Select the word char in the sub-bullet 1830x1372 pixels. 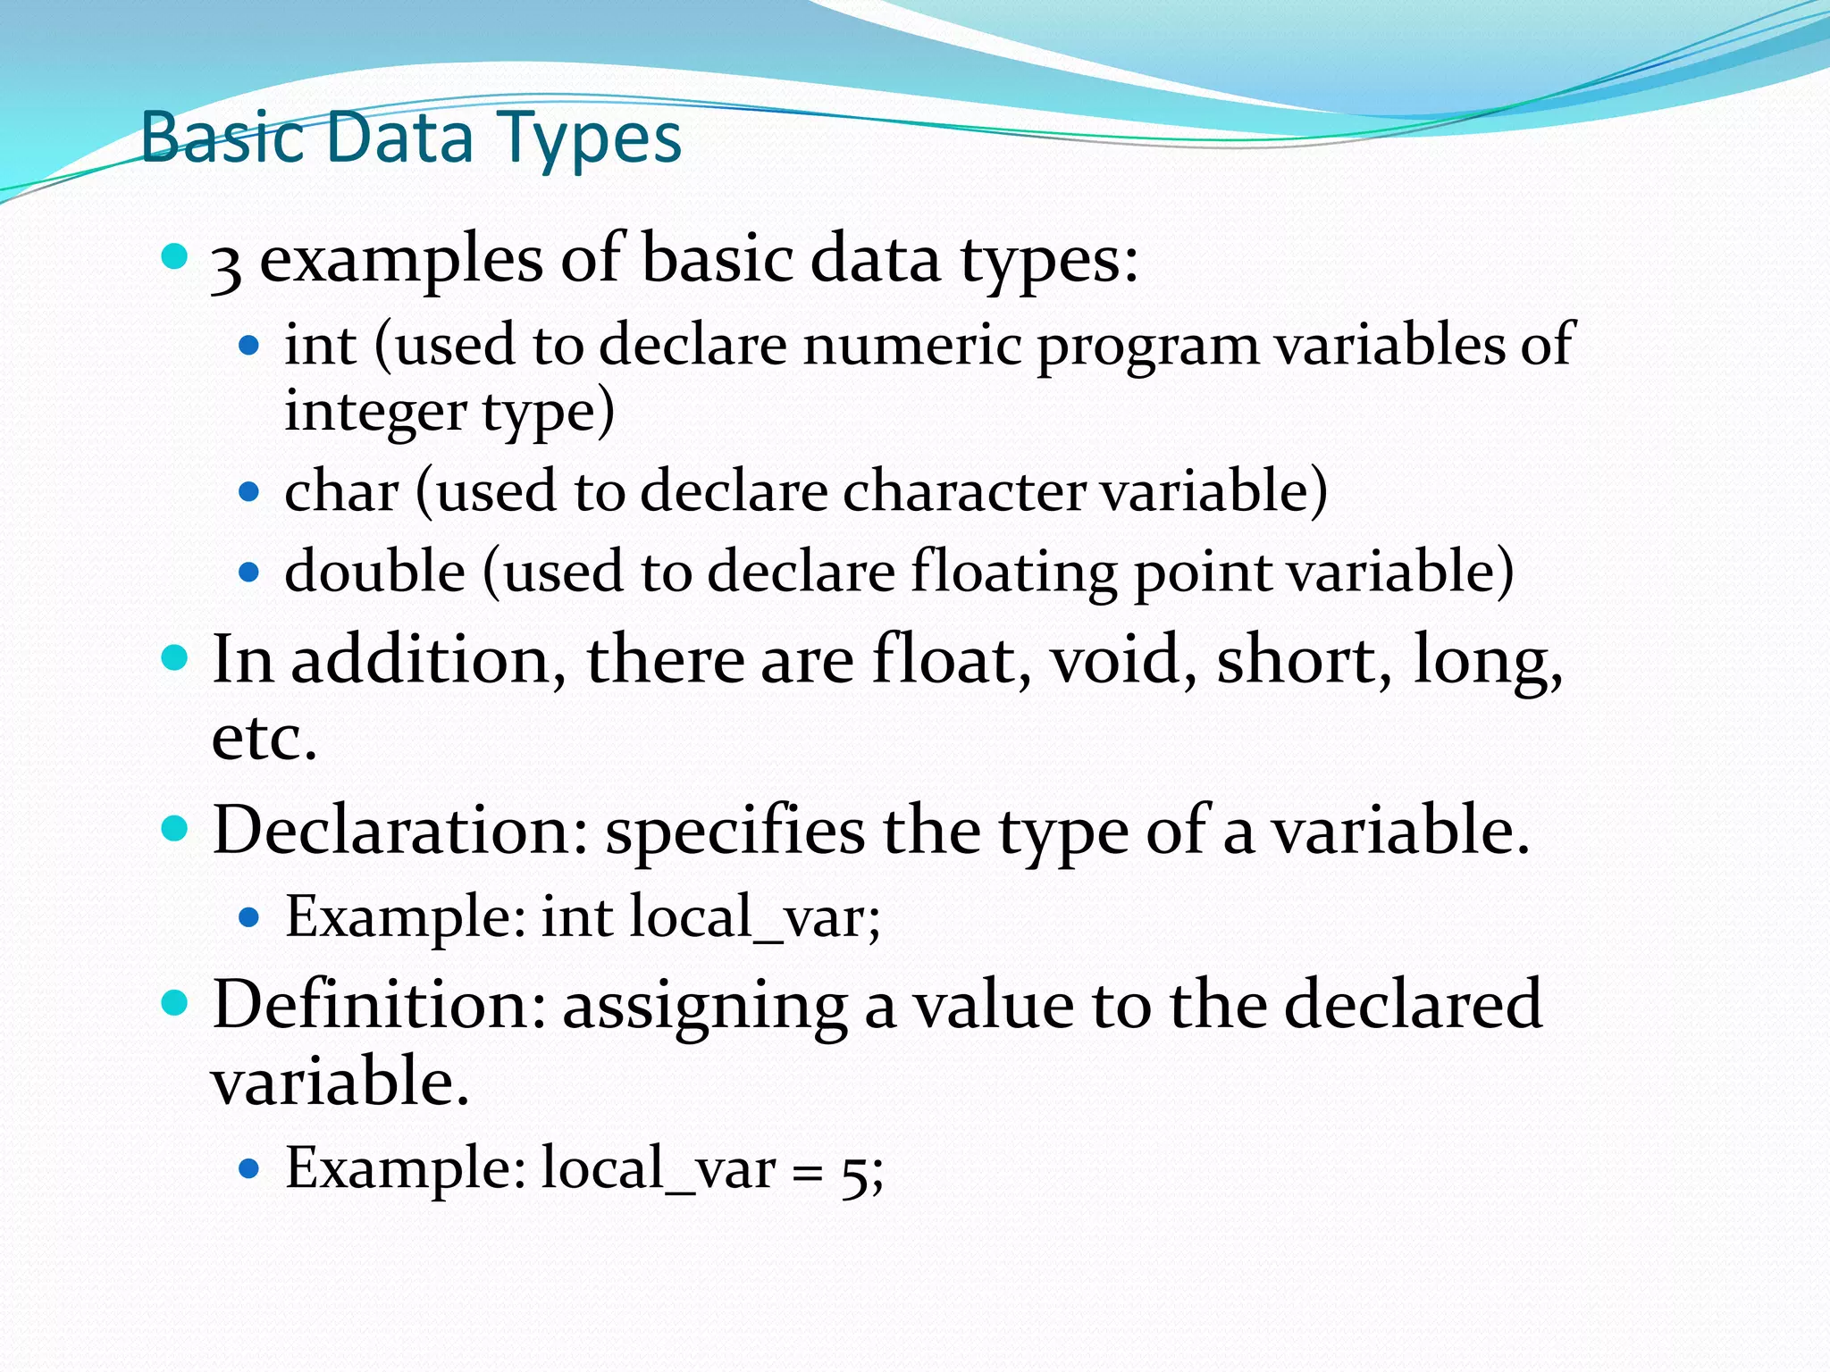[x=341, y=492]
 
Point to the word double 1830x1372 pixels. [x=375, y=572]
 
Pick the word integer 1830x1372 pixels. [x=375, y=413]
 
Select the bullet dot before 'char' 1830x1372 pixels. [x=249, y=492]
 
